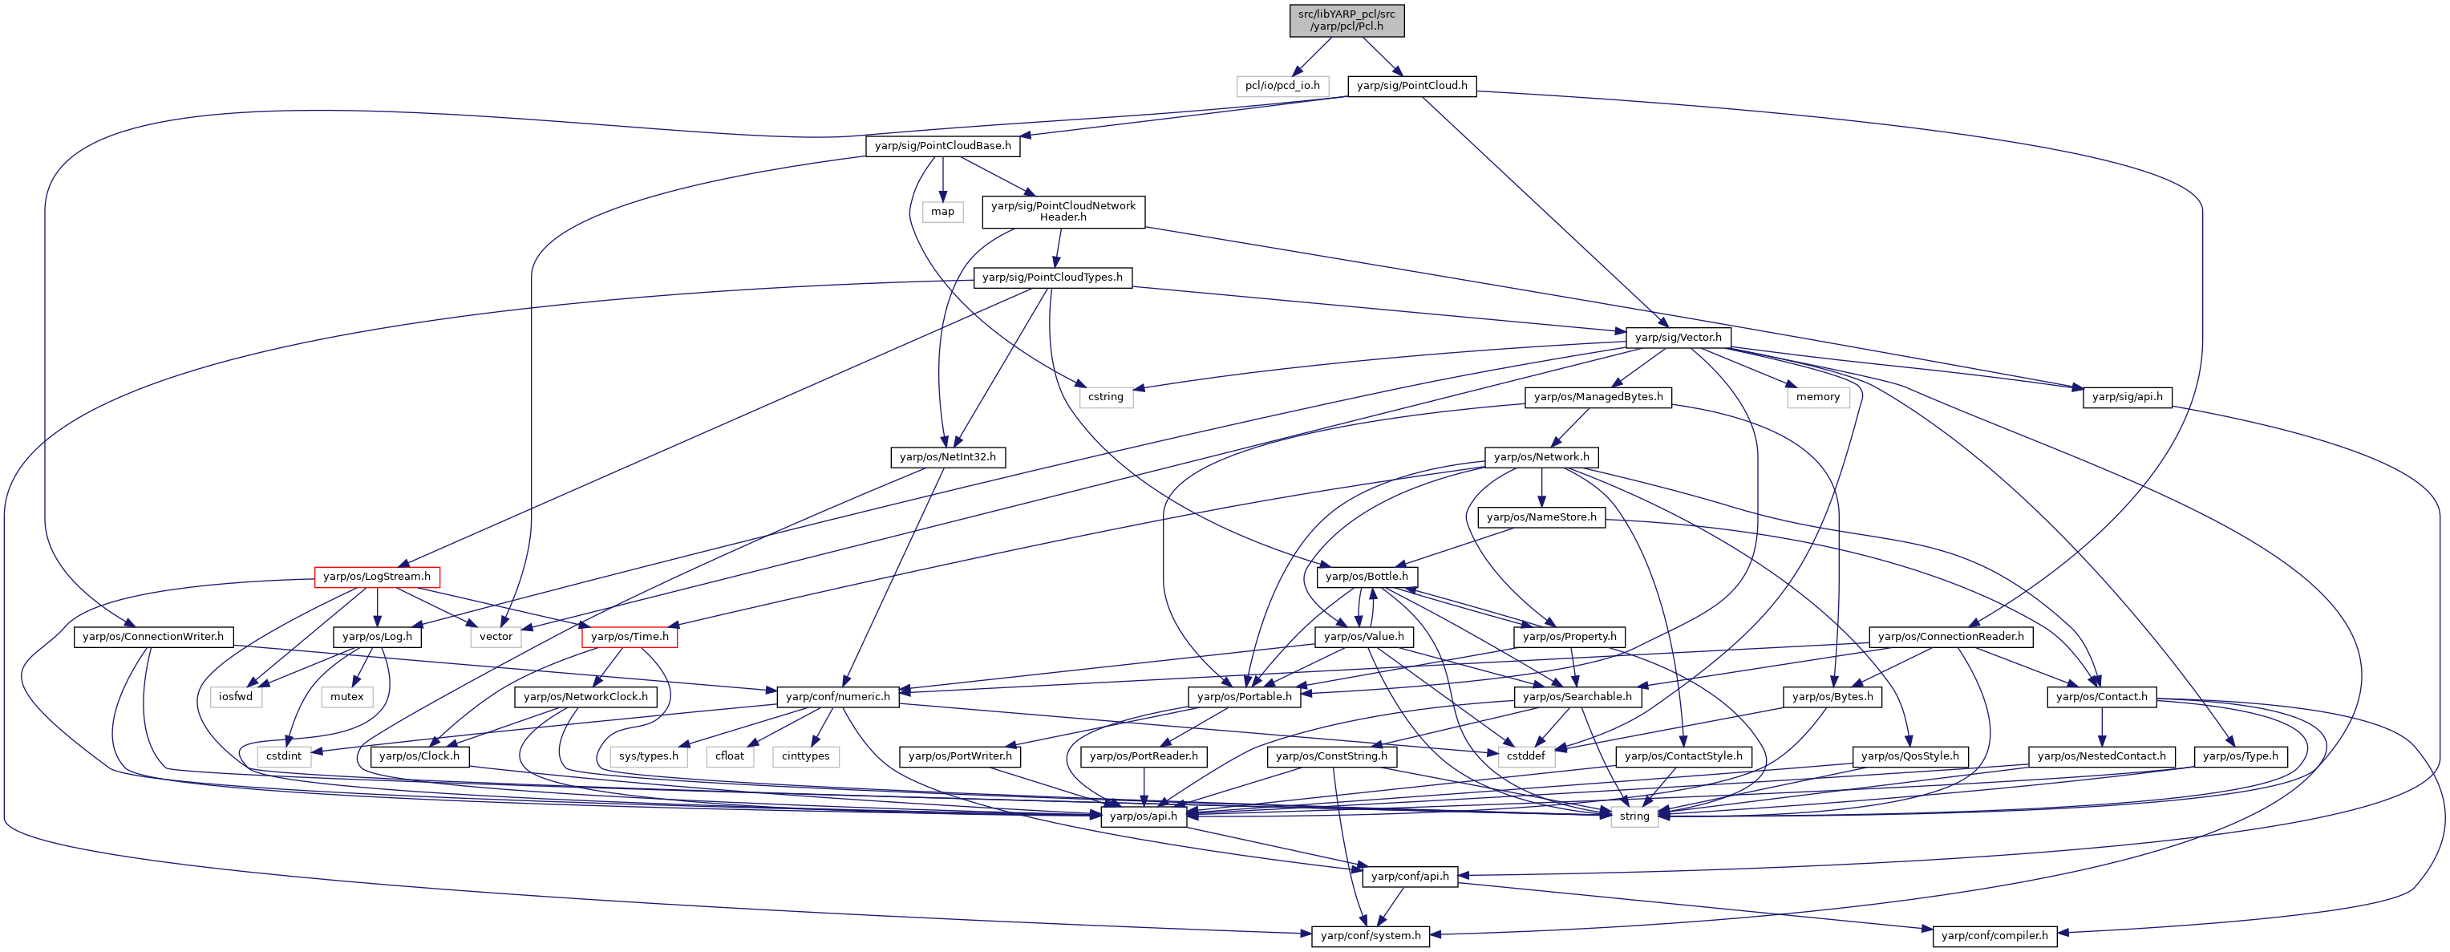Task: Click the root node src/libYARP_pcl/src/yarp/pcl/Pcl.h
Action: click(1346, 20)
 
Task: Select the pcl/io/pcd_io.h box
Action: click(1282, 86)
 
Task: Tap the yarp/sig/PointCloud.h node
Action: click(1411, 86)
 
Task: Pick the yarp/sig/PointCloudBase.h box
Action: click(942, 145)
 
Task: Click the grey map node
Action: click(942, 211)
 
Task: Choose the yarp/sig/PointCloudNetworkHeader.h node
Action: click(1063, 211)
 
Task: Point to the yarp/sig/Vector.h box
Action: click(1678, 337)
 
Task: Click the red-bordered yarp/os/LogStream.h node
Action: click(377, 577)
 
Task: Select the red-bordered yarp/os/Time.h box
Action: click(630, 636)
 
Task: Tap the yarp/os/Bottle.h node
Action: click(1367, 577)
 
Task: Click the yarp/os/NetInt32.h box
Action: click(947, 456)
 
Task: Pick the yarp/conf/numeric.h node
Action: click(838, 696)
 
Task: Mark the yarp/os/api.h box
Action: click(1144, 816)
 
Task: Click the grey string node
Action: click(1634, 816)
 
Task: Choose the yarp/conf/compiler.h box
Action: click(1994, 936)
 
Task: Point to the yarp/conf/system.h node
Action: click(1371, 936)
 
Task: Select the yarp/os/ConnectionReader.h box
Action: click(1950, 636)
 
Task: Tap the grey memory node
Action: click(1817, 396)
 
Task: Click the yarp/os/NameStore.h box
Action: click(1541, 517)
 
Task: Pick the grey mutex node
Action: click(347, 696)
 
